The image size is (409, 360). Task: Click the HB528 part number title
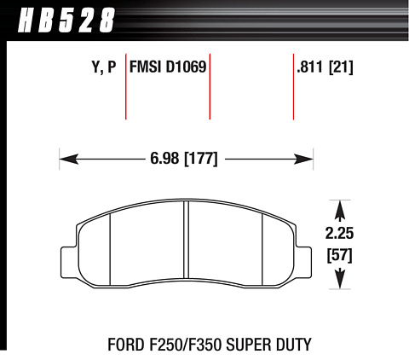[x=66, y=20]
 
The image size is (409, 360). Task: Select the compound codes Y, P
[x=104, y=67]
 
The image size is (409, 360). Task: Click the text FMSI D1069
[x=168, y=67]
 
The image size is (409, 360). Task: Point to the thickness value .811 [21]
[x=325, y=67]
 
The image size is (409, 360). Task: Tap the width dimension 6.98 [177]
[x=184, y=159]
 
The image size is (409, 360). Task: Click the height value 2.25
[x=339, y=234]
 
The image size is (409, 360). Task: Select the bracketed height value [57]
[x=340, y=255]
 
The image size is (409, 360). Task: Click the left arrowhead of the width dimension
[x=69, y=159]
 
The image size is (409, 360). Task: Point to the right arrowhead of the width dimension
[x=303, y=159]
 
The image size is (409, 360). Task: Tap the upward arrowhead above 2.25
[x=340, y=210]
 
